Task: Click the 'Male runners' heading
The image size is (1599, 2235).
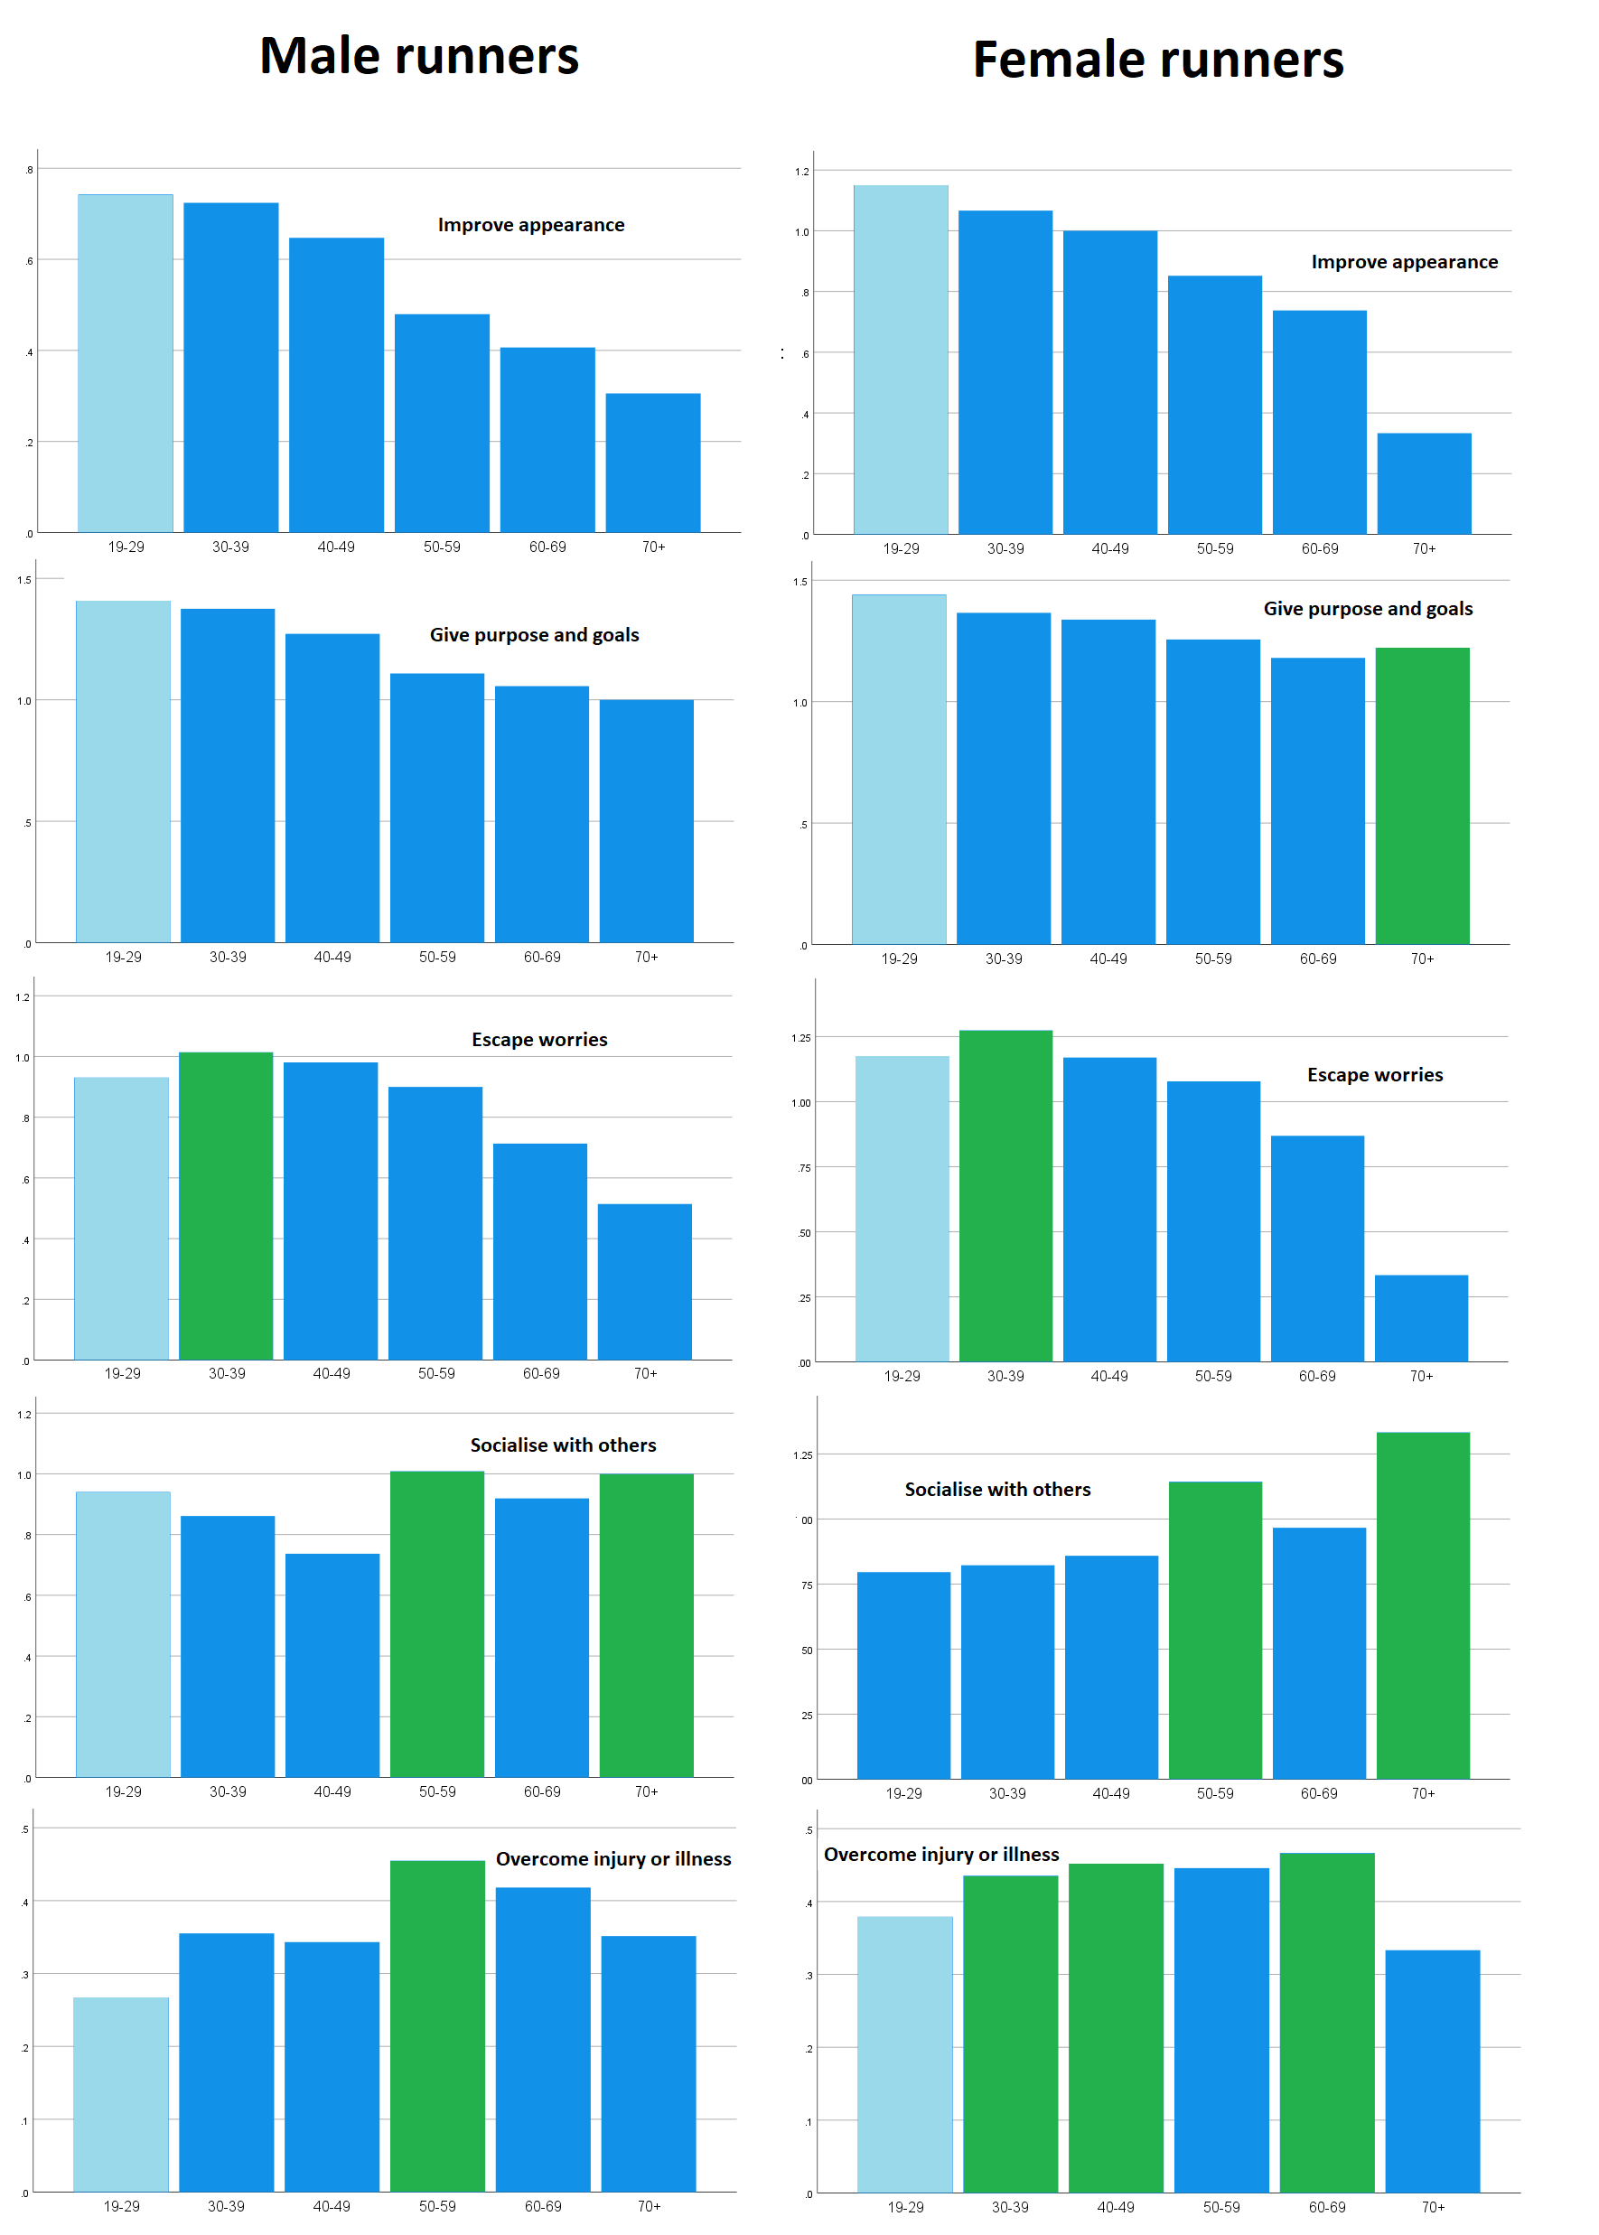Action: pyautogui.click(x=418, y=56)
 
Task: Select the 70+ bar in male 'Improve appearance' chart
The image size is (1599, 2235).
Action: pyautogui.click(x=653, y=463)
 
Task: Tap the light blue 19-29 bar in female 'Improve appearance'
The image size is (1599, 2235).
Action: pyautogui.click(x=900, y=360)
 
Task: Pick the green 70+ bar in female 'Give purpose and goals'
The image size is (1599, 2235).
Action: pyautogui.click(x=1422, y=796)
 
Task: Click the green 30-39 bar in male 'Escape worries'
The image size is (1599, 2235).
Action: pyautogui.click(x=226, y=1206)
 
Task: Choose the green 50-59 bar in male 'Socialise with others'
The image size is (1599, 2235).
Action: pyautogui.click(x=436, y=1623)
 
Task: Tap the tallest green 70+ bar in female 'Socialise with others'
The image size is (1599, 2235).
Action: pyautogui.click(x=1422, y=1604)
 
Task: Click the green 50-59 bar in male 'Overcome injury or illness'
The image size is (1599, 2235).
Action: pyautogui.click(x=437, y=2025)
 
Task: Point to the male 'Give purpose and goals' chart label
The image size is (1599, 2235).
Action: pyautogui.click(x=534, y=635)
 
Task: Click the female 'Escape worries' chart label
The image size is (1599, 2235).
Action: pyautogui.click(x=1375, y=1075)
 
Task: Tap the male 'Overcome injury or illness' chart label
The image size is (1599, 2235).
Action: pyautogui.click(x=612, y=1859)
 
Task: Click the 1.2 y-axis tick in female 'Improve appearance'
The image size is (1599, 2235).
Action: pyautogui.click(x=801, y=173)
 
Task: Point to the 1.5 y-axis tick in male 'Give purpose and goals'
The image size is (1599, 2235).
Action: pyautogui.click(x=23, y=580)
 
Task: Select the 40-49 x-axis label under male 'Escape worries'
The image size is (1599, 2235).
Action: pyautogui.click(x=331, y=1373)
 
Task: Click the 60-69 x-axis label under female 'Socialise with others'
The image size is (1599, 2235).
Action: pyautogui.click(x=1318, y=1794)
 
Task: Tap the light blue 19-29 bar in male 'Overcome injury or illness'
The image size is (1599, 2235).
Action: pyautogui.click(x=121, y=2094)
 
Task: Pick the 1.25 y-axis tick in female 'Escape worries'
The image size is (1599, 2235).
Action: pyautogui.click(x=800, y=1038)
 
